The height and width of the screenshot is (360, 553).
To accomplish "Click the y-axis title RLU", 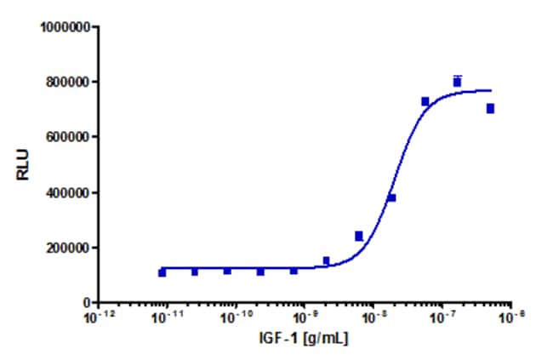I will [x=23, y=164].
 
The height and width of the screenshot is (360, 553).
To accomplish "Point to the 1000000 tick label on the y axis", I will [x=65, y=27].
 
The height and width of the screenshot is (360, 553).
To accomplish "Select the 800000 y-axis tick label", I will [x=68, y=83].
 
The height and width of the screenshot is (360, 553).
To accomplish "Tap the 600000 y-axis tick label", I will [x=68, y=137].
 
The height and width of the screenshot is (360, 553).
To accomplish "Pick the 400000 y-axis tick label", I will [x=68, y=193].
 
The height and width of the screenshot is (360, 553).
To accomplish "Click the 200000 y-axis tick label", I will [x=68, y=248].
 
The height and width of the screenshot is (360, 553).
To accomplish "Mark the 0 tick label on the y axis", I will [x=88, y=302].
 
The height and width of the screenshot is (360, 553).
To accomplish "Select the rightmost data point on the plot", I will [x=490, y=108].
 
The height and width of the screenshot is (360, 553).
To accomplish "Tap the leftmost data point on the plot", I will [x=162, y=272].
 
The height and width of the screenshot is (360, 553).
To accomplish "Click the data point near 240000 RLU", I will [x=359, y=236].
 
